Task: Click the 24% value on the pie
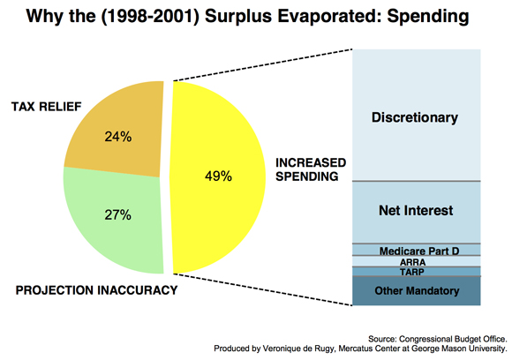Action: tap(118, 137)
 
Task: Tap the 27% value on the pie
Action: tap(118, 214)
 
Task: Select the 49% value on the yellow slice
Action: tap(218, 176)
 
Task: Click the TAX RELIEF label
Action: tap(47, 107)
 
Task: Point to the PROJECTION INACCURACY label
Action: tap(96, 290)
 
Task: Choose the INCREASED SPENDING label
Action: tap(311, 169)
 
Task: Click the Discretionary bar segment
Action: tap(417, 115)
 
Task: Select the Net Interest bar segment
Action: tap(417, 212)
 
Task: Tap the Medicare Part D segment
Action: tap(417, 250)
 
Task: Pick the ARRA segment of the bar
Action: tap(417, 261)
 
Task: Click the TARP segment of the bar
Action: tap(417, 272)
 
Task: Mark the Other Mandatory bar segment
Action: tap(417, 291)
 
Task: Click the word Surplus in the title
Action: tap(238, 16)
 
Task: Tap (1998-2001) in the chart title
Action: tap(150, 16)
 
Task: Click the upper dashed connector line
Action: tap(263, 65)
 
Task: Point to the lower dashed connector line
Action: tap(263, 289)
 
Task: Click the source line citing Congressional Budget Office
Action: tap(438, 339)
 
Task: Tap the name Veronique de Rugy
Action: tap(298, 349)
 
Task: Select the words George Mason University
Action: tap(459, 349)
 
